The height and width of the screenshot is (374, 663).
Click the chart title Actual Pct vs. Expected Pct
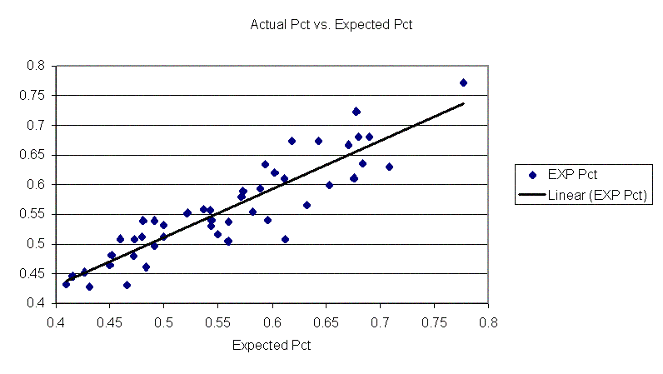pos(331,25)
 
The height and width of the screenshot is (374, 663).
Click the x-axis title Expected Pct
pos(272,346)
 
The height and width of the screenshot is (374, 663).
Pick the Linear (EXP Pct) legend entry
pos(584,195)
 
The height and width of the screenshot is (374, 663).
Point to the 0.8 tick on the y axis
pos(36,66)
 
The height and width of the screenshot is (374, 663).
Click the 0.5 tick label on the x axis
pos(164,320)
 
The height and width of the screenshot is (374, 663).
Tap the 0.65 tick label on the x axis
pos(327,320)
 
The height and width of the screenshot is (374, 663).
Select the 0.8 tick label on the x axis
pos(488,320)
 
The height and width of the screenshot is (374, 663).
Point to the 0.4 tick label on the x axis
pos(56,320)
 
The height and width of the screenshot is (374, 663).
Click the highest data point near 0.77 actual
pos(463,82)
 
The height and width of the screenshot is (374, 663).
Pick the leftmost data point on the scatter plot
pos(66,284)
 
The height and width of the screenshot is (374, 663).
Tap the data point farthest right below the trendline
pos(389,167)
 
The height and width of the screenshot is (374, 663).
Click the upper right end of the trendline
pos(463,103)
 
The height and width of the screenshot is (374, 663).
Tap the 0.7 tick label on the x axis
pos(381,320)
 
